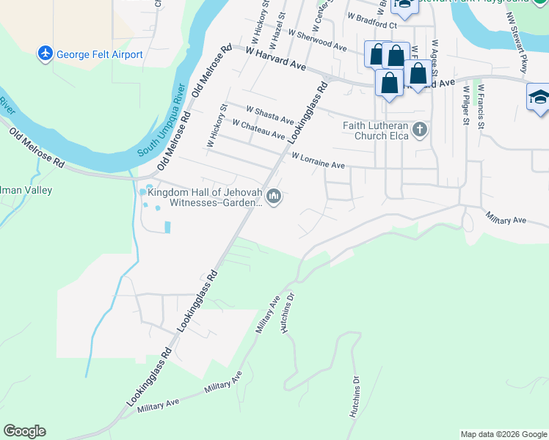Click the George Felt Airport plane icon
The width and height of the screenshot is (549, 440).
tap(46, 54)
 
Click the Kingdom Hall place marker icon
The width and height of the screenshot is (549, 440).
tap(274, 197)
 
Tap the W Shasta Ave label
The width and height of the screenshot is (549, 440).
tap(270, 116)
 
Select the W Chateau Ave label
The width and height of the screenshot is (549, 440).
tap(258, 130)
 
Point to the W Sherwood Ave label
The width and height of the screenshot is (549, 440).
tap(317, 40)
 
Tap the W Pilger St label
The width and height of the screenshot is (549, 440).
tap(465, 105)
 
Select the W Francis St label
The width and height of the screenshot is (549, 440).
tap(481, 105)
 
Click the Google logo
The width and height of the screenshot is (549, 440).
tap(24, 431)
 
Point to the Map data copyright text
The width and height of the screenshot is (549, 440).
tap(502, 434)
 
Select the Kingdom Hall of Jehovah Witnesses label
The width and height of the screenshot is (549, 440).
tap(205, 197)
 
